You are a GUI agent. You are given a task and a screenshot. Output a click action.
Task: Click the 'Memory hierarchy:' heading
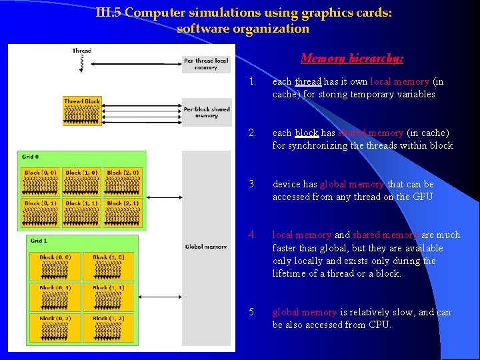352,59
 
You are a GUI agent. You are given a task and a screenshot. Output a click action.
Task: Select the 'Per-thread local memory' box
206,64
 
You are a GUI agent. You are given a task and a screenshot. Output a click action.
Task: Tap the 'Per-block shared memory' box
206,112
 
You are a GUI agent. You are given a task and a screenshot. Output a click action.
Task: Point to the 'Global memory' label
206,247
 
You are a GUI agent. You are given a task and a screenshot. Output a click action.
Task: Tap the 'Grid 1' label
39,241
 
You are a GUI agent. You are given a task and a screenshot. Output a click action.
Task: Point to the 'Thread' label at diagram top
82,51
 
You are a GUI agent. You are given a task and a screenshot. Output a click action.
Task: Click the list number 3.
251,184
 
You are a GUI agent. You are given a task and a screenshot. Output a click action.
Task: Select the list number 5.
251,312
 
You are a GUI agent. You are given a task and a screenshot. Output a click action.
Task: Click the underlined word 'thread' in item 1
308,82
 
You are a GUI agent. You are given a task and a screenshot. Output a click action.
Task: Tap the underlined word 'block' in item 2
307,133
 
